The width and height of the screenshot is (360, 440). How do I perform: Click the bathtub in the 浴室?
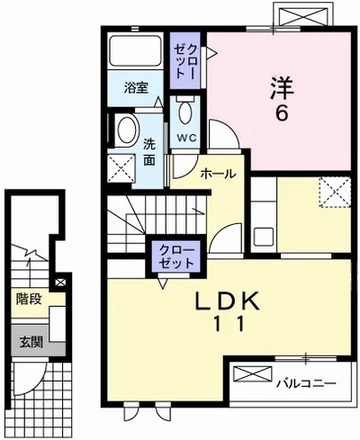136,54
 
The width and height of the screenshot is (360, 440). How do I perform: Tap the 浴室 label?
136,87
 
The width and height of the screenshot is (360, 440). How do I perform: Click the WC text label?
185,137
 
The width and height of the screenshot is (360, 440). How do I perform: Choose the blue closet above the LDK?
175,255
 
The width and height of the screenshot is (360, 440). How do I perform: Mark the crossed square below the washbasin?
121,166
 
